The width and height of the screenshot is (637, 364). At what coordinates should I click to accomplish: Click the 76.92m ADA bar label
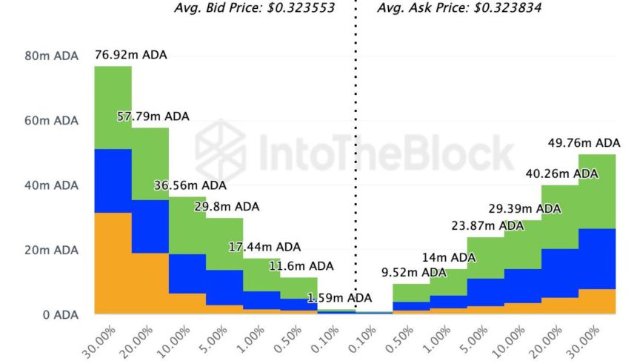click(x=130, y=55)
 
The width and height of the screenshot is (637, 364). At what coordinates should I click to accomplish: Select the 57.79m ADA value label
click(x=153, y=116)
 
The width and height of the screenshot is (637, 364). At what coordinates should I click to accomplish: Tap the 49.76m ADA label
click(x=584, y=142)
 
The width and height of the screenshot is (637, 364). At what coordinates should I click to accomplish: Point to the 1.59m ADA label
click(x=339, y=298)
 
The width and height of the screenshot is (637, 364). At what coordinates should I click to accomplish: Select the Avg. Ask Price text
click(x=459, y=9)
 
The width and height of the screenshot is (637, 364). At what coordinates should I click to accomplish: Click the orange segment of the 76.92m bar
click(x=113, y=263)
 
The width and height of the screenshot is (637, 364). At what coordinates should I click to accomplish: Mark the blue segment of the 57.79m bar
click(x=150, y=226)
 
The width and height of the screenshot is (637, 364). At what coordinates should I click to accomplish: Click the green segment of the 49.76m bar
click(x=596, y=191)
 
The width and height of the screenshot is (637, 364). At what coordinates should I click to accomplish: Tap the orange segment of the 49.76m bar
click(x=596, y=301)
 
